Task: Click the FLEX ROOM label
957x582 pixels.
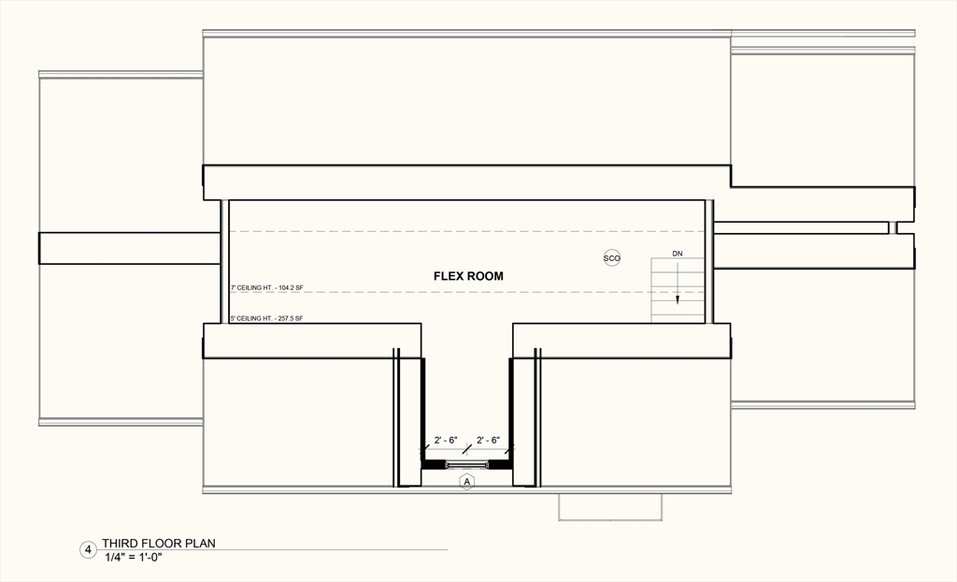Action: point(468,276)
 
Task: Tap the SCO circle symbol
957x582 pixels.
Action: point(612,258)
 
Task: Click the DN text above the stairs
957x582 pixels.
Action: point(678,254)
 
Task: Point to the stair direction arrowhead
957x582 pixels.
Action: point(678,300)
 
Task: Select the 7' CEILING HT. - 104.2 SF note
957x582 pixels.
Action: point(267,288)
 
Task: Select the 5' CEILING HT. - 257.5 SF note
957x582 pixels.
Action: point(267,318)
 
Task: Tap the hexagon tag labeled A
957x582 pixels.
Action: point(467,481)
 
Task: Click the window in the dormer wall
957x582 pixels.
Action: point(467,464)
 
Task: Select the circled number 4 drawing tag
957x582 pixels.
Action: point(88,550)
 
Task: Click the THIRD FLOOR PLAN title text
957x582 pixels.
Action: point(159,543)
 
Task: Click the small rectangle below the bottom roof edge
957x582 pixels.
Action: point(610,506)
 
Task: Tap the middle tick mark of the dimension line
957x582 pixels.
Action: point(467,450)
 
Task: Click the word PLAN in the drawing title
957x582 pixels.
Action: point(199,543)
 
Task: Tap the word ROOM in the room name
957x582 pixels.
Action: point(486,276)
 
